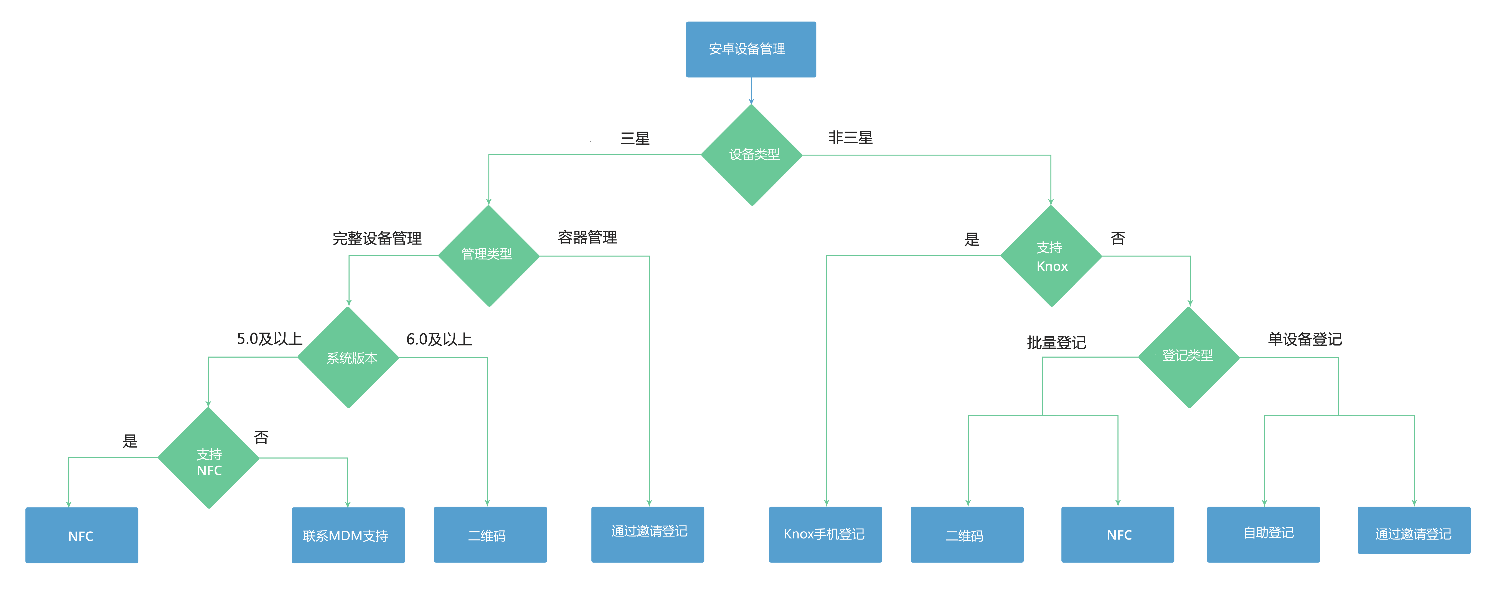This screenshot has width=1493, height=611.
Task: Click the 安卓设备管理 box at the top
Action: coord(751,49)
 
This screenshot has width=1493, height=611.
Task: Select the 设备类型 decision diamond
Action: coord(752,155)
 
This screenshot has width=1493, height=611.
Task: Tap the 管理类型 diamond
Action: coord(489,256)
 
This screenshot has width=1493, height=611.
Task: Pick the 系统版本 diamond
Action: coord(348,357)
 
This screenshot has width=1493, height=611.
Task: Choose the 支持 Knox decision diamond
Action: coord(1051,256)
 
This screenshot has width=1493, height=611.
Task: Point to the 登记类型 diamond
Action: coord(1189,357)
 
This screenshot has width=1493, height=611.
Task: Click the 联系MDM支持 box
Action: coord(348,535)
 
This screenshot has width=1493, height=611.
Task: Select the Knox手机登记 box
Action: coord(825,535)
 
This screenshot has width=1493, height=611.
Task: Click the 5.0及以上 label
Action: coord(269,339)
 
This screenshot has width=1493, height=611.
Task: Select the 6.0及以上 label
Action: coord(439,339)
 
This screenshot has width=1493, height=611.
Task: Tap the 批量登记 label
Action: coord(1056,343)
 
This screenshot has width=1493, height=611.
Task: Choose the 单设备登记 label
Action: coord(1305,339)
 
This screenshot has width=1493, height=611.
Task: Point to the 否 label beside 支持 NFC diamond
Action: coord(261,438)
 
